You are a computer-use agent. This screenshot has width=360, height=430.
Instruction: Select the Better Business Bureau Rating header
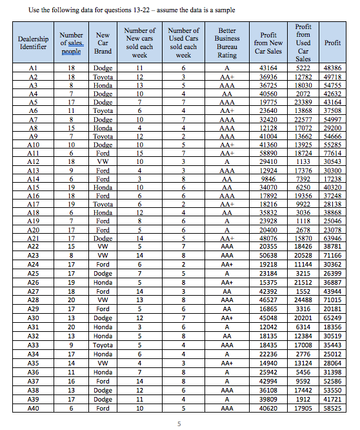pyautogui.click(x=227, y=43)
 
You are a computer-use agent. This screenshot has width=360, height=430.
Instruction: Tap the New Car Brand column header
pyautogui.click(x=103, y=43)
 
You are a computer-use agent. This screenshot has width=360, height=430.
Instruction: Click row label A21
pyautogui.click(x=34, y=238)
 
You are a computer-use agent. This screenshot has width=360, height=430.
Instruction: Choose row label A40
pyautogui.click(x=34, y=409)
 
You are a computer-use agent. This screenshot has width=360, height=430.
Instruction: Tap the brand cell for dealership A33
pyautogui.click(x=103, y=346)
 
